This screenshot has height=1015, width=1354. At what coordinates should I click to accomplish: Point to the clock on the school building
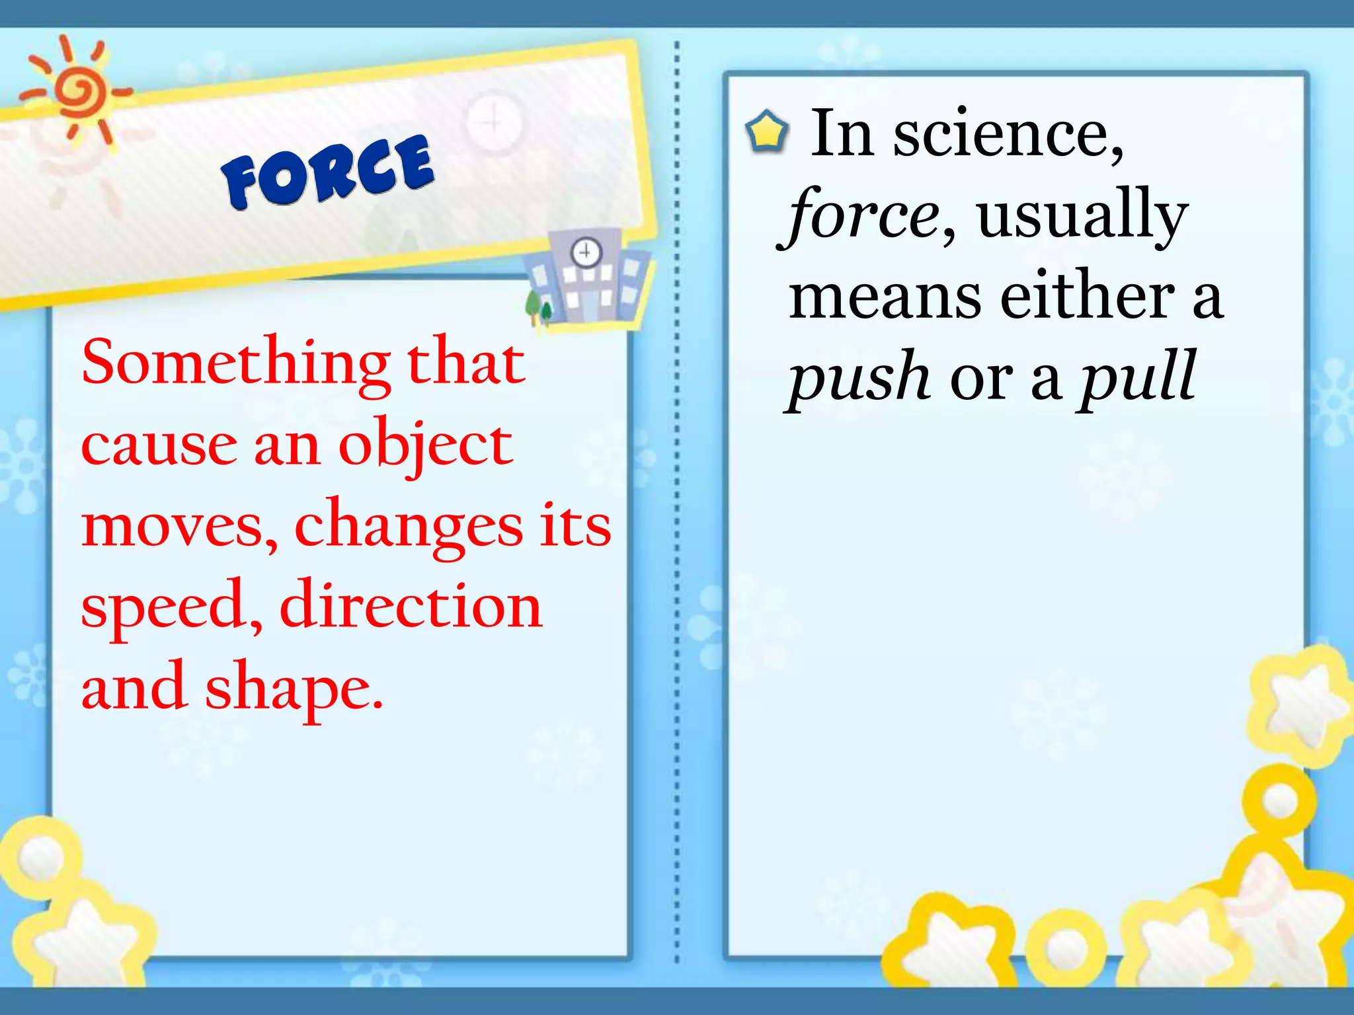click(x=586, y=252)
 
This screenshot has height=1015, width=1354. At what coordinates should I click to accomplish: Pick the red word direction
click(x=411, y=607)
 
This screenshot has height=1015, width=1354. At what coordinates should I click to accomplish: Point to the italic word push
click(x=859, y=377)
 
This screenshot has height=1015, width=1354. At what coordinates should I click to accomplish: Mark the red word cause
click(x=159, y=445)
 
